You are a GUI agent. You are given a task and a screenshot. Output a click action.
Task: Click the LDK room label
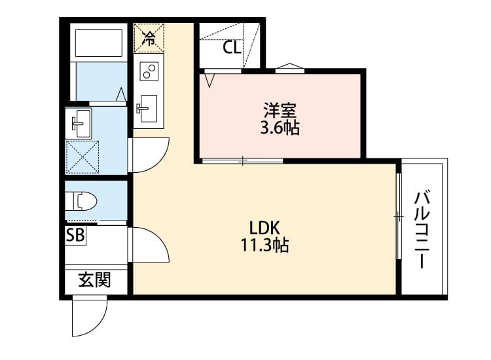(264, 228)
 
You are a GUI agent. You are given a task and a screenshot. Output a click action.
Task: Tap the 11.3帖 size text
(264, 245)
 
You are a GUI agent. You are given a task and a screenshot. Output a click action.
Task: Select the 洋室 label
(280, 110)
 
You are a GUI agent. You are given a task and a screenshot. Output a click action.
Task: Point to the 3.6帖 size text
(280, 128)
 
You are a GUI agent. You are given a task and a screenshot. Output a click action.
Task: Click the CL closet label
(232, 48)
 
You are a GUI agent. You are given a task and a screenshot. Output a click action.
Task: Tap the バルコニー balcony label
(422, 230)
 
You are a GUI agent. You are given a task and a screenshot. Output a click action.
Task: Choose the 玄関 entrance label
(94, 279)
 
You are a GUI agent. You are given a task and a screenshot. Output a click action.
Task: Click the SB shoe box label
(75, 235)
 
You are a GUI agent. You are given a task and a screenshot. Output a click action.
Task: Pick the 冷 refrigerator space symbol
(149, 38)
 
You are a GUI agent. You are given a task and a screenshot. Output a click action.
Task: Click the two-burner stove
(149, 71)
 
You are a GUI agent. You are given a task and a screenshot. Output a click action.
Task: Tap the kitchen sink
(147, 108)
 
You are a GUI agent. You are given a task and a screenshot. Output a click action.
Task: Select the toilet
(82, 202)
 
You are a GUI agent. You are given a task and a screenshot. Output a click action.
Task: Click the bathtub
(99, 43)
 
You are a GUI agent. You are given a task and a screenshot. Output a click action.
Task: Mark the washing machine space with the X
(82, 157)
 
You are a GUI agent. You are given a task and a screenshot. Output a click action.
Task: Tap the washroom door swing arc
(162, 160)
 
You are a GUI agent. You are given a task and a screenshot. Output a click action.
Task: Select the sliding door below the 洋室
(242, 161)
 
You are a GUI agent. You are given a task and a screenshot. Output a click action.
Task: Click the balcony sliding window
(399, 216)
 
